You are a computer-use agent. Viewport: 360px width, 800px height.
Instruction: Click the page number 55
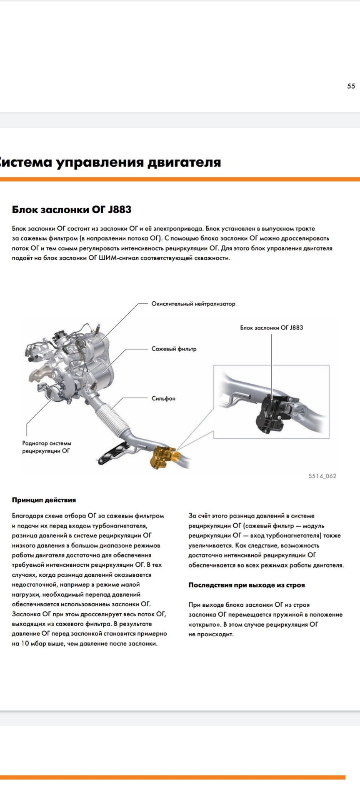(351, 86)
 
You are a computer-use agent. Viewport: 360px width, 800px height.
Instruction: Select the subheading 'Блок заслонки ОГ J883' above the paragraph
(72, 210)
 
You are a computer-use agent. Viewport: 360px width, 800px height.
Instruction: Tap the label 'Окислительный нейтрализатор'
(193, 304)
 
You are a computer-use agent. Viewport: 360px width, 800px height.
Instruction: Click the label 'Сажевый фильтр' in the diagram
(174, 349)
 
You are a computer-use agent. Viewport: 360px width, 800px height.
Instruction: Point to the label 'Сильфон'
(163, 399)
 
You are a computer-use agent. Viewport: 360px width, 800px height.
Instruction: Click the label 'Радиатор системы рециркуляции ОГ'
(47, 447)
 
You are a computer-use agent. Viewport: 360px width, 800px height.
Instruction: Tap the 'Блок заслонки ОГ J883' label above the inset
(271, 328)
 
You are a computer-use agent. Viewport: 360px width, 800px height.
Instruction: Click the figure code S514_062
(322, 476)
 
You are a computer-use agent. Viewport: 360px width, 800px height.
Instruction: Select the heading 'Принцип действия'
(44, 500)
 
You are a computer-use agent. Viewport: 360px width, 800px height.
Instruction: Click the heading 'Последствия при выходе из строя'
(247, 585)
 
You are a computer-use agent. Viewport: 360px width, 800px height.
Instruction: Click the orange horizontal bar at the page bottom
(172, 777)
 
